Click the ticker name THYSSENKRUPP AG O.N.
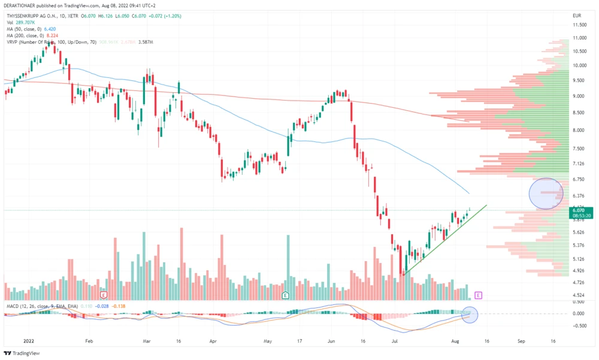point(35,15)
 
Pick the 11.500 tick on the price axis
point(579,25)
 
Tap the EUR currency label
point(577,15)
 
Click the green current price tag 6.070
point(579,210)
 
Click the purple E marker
point(478,295)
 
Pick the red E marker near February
point(104,295)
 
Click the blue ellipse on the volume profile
point(547,193)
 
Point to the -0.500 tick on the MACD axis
point(579,326)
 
